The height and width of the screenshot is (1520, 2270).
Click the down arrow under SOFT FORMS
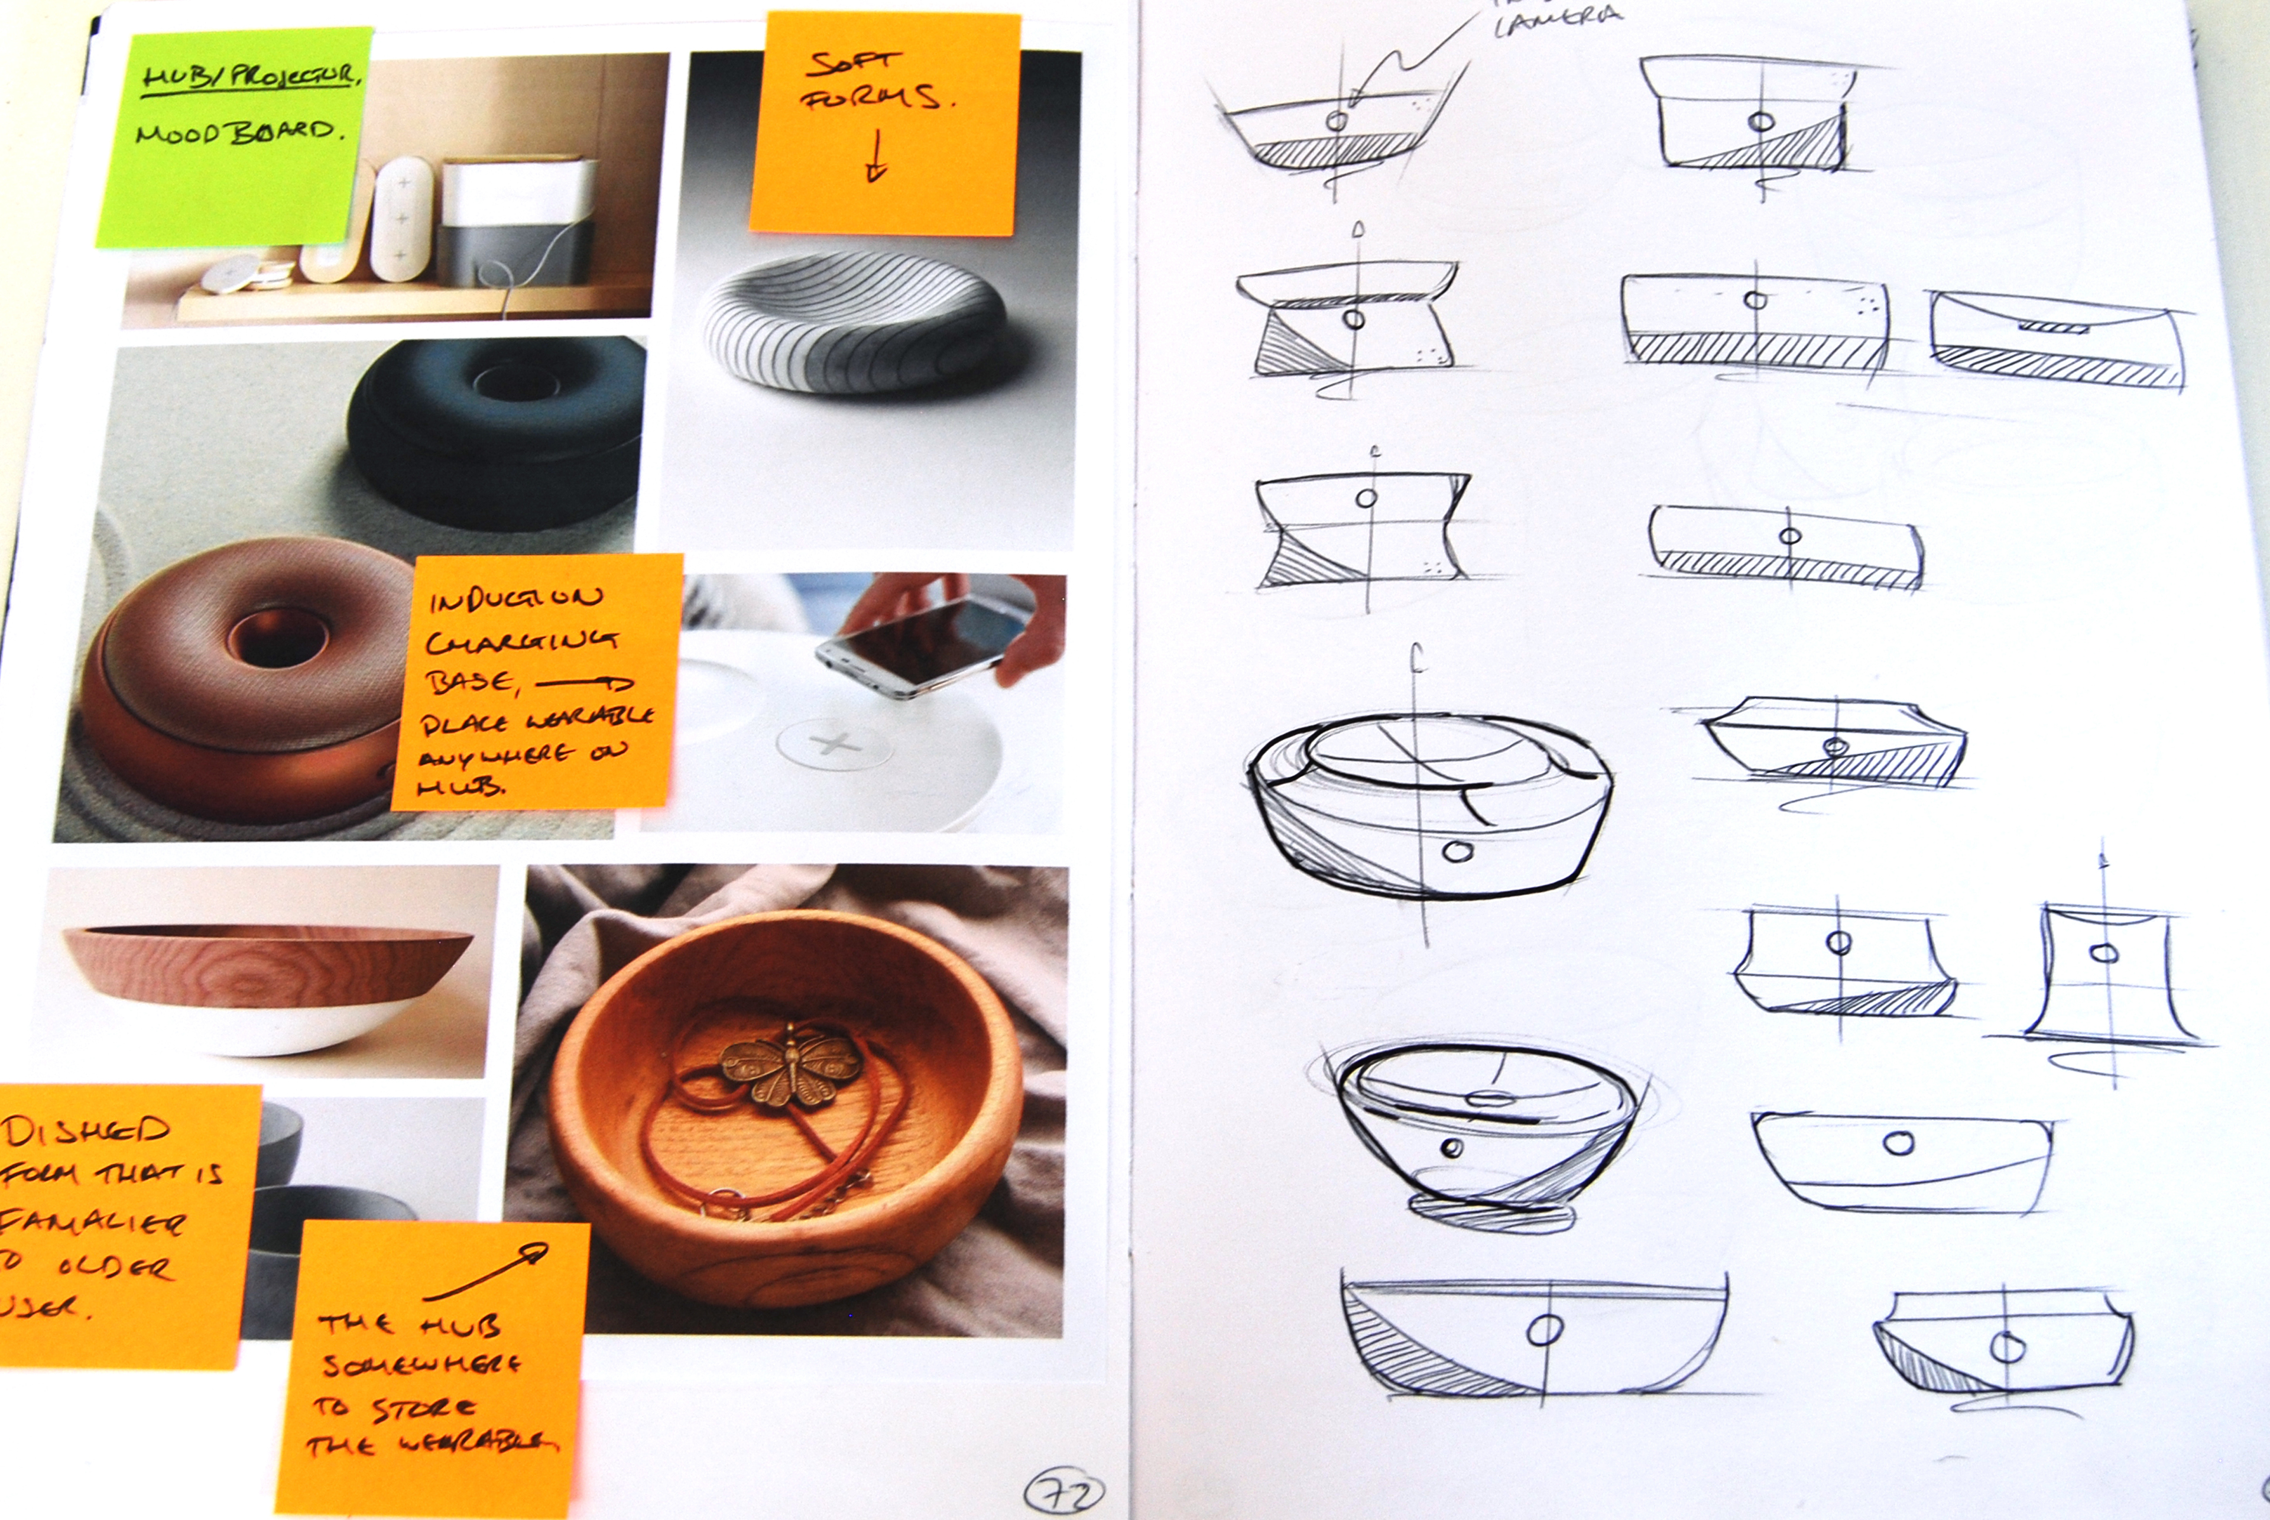[x=875, y=157]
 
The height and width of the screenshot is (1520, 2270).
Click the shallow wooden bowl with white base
[x=267, y=984]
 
